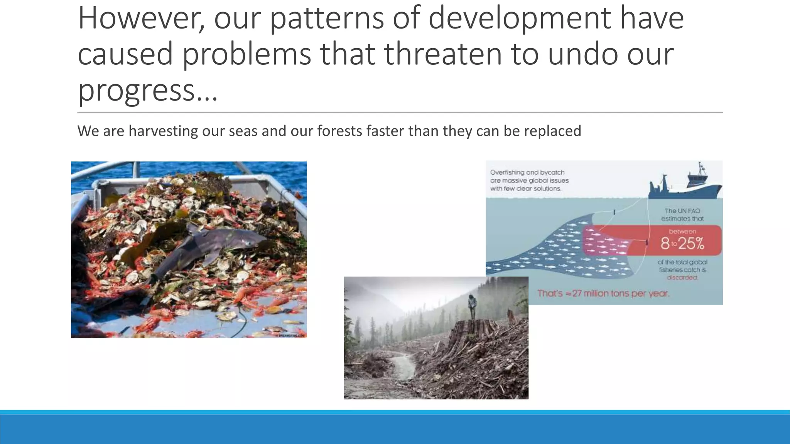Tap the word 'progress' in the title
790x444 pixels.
(x=135, y=89)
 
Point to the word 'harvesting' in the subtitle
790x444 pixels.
(x=163, y=131)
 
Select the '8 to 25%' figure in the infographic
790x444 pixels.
(x=682, y=243)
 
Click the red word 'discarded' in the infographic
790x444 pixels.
(x=682, y=277)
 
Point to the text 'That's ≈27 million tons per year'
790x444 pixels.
(x=603, y=293)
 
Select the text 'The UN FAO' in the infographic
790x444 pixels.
(x=682, y=211)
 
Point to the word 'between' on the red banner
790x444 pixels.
(x=682, y=231)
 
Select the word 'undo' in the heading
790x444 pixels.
(x=582, y=54)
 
